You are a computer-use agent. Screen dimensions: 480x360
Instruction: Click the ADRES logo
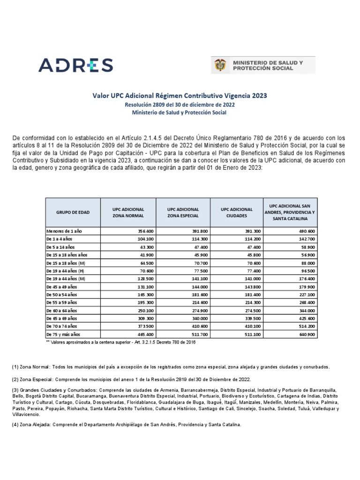75,65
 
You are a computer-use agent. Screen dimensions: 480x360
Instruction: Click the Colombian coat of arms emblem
219,65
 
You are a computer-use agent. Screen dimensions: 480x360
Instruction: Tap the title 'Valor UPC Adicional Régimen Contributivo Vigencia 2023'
180,95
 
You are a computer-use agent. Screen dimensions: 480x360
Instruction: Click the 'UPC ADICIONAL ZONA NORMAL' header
128,212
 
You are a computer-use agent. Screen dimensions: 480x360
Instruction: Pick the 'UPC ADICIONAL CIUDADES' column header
236,212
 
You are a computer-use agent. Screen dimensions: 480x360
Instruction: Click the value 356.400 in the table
146,232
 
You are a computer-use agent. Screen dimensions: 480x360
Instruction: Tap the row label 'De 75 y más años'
63,335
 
